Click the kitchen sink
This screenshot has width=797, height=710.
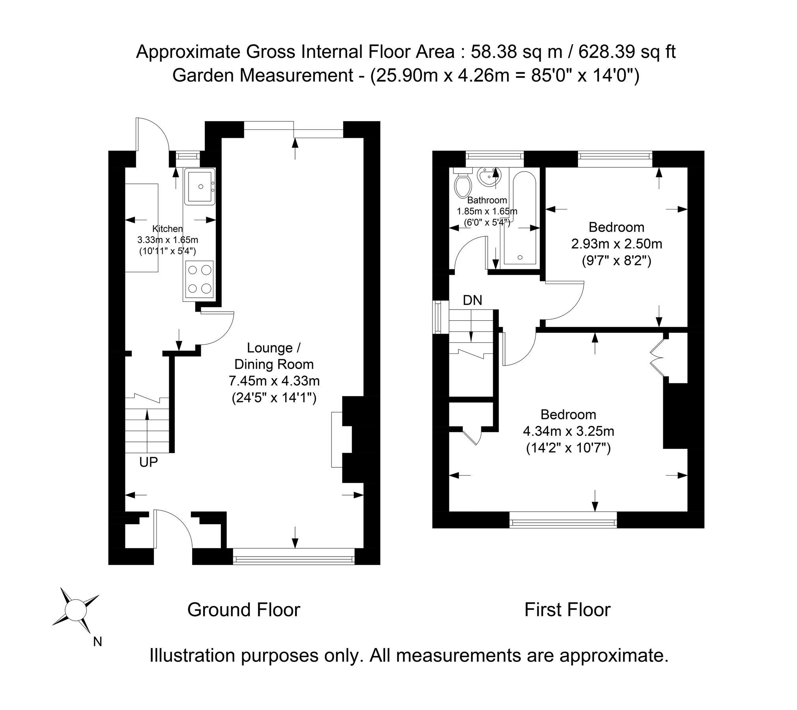[200, 187]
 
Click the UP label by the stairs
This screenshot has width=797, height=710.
[148, 462]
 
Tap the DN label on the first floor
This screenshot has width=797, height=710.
[472, 301]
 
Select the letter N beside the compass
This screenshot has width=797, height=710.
[97, 642]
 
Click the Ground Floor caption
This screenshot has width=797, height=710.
[243, 610]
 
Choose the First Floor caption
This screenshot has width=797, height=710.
[567, 610]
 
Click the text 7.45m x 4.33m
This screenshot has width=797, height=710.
[274, 381]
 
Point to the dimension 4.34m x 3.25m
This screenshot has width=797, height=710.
[568, 432]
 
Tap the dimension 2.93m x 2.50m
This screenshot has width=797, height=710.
[616, 244]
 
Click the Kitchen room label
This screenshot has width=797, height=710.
[168, 229]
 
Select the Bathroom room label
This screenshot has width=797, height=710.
[487, 200]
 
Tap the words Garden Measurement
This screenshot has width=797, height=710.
[262, 75]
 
